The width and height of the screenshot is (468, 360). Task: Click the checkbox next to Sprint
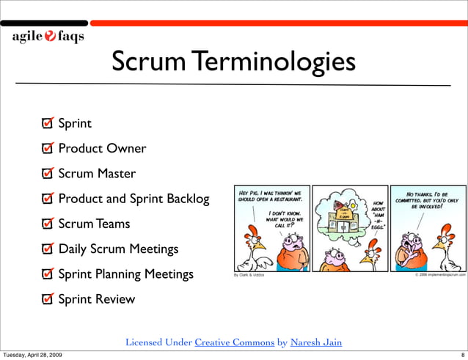click(x=48, y=124)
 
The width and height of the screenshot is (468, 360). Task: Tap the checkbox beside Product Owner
click(x=48, y=149)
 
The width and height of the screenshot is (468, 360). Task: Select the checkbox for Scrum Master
click(x=48, y=175)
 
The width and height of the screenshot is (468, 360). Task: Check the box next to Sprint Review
click(x=48, y=299)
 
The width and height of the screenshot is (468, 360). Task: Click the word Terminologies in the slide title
click(x=276, y=63)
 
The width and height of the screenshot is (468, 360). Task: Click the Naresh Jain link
click(x=315, y=342)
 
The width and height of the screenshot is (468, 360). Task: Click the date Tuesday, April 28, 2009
click(x=32, y=355)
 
